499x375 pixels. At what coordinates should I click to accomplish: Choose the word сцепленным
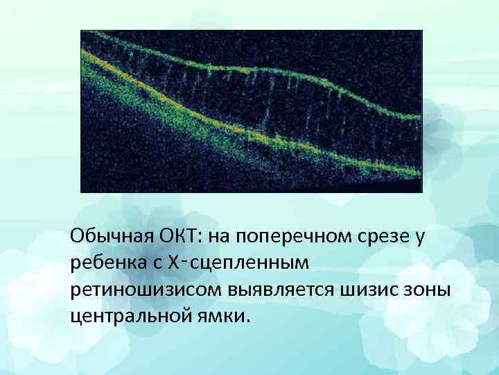[x=245, y=263]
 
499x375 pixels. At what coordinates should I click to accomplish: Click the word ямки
[x=221, y=316]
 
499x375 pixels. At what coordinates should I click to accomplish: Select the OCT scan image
[x=252, y=111]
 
